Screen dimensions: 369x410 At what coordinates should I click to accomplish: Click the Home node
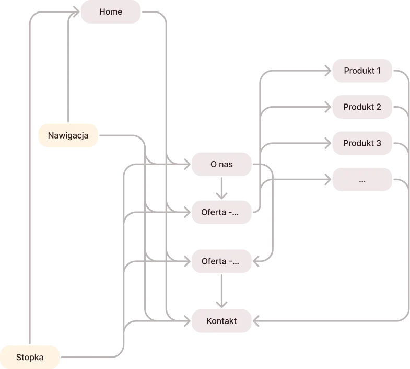click(x=110, y=11)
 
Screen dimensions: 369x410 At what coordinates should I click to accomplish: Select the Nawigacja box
click(x=68, y=136)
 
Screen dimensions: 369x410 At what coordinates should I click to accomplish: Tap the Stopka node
click(x=30, y=358)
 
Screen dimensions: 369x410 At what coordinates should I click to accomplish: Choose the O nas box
click(x=221, y=165)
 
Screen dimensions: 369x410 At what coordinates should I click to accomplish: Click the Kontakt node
click(x=221, y=321)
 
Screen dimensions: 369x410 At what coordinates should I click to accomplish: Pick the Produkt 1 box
click(x=361, y=71)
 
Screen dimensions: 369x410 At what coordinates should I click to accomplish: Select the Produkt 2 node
click(x=361, y=107)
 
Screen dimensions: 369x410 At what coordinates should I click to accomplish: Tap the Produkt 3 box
click(x=361, y=143)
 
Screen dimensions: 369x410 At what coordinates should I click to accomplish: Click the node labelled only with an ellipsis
click(x=361, y=180)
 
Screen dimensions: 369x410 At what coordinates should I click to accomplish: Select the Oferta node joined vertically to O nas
click(x=221, y=212)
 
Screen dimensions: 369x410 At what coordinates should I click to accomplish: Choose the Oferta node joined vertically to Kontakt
click(x=221, y=261)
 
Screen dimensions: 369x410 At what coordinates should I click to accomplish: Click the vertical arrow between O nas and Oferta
click(x=221, y=188)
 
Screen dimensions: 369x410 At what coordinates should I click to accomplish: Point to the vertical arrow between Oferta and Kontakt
click(x=221, y=291)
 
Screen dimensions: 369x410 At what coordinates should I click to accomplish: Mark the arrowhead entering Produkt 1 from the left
click(x=326, y=71)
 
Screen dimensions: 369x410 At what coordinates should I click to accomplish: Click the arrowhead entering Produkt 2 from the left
click(x=326, y=107)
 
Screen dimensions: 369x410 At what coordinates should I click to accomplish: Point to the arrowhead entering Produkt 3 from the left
click(x=326, y=143)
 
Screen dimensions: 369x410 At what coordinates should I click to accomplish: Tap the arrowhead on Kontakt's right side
click(x=257, y=321)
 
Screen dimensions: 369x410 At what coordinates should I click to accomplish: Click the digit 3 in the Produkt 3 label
click(x=378, y=143)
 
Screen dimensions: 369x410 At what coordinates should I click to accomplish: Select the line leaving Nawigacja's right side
click(x=120, y=136)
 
